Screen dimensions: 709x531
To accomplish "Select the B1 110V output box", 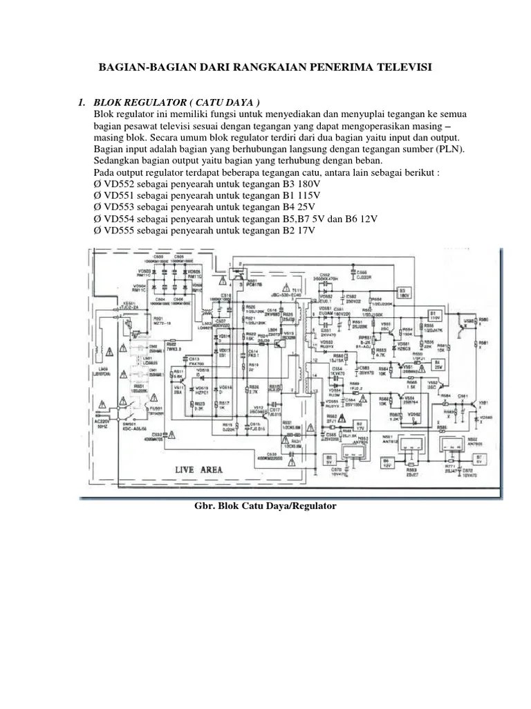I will pos(434,315).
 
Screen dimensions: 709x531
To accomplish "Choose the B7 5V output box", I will pos(478,458).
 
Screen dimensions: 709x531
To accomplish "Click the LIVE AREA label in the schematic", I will pos(199,469).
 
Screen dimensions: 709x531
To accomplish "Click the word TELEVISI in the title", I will pos(399,66).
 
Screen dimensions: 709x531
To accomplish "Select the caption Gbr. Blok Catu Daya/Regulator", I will pos(266,506).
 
